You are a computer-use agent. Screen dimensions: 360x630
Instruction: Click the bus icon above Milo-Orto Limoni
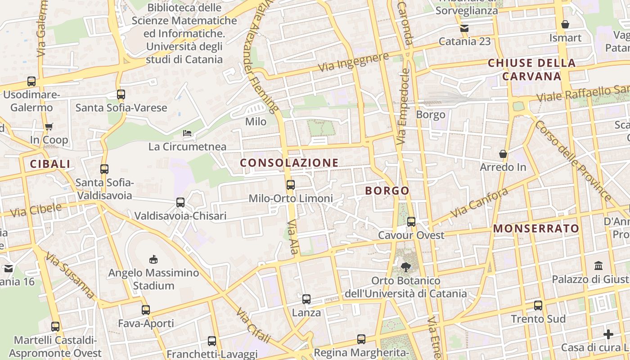point(291,184)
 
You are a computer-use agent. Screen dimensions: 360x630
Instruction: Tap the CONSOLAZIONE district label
point(289,163)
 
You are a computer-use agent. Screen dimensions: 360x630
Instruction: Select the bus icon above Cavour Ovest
point(411,221)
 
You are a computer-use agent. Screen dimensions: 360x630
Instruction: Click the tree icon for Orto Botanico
point(406,267)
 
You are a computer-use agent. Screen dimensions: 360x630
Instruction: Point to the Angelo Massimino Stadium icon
point(153,259)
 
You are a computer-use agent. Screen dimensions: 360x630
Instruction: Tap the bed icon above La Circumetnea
point(187,133)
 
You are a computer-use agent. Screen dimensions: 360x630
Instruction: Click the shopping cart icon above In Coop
point(49,126)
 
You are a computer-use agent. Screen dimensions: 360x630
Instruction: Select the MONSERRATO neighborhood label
point(536,229)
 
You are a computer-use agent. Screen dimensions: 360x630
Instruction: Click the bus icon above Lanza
point(306,299)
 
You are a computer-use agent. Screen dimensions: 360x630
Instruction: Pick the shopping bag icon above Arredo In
point(503,154)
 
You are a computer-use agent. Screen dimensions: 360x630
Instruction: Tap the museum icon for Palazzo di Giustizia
point(598,265)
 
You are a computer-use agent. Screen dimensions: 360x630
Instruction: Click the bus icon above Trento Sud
point(538,305)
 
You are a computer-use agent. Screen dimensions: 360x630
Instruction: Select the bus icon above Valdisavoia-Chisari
point(180,202)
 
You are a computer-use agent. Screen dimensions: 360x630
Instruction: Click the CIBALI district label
point(50,164)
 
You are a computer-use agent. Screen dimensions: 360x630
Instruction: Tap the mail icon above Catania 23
point(464,28)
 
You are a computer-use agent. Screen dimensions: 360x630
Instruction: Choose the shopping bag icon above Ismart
point(565,24)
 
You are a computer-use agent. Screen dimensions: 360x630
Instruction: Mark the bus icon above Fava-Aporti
point(146,310)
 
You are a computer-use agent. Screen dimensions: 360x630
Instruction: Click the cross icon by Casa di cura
point(608,334)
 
